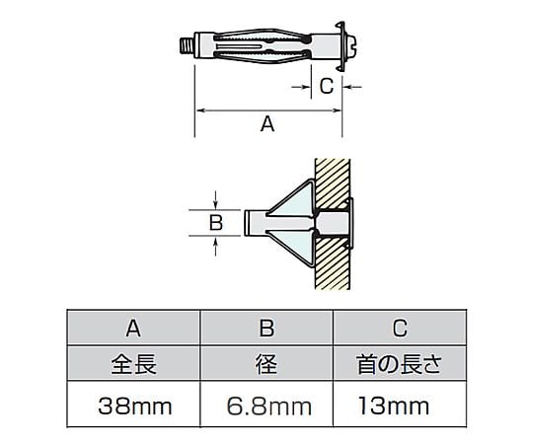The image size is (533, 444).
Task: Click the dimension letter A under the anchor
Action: pos(267,123)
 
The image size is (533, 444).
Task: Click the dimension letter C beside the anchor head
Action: pos(327,86)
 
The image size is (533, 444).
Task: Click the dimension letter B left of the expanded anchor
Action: pos(216,223)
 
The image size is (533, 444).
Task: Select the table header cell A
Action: pos(133,329)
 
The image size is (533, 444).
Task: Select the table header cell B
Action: pos(266,329)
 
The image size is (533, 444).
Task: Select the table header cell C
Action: pos(400,329)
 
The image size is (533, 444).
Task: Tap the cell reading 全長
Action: pos(133,364)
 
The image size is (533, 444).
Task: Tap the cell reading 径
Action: pos(266,364)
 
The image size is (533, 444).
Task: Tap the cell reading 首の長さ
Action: pos(400,364)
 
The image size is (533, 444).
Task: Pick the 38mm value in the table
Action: pos(135,406)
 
